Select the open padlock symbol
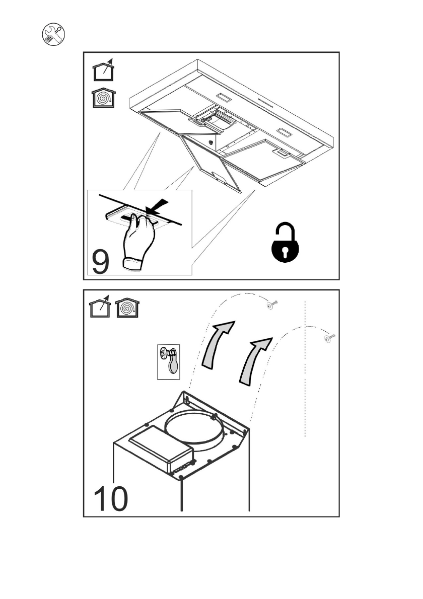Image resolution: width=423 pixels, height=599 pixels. [x=286, y=246]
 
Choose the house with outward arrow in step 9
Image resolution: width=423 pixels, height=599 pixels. [x=103, y=70]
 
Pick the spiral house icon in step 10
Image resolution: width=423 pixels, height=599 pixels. [x=128, y=309]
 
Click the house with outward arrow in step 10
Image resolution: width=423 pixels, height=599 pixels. [x=100, y=309]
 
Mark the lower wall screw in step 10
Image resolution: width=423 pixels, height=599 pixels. [x=330, y=338]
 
